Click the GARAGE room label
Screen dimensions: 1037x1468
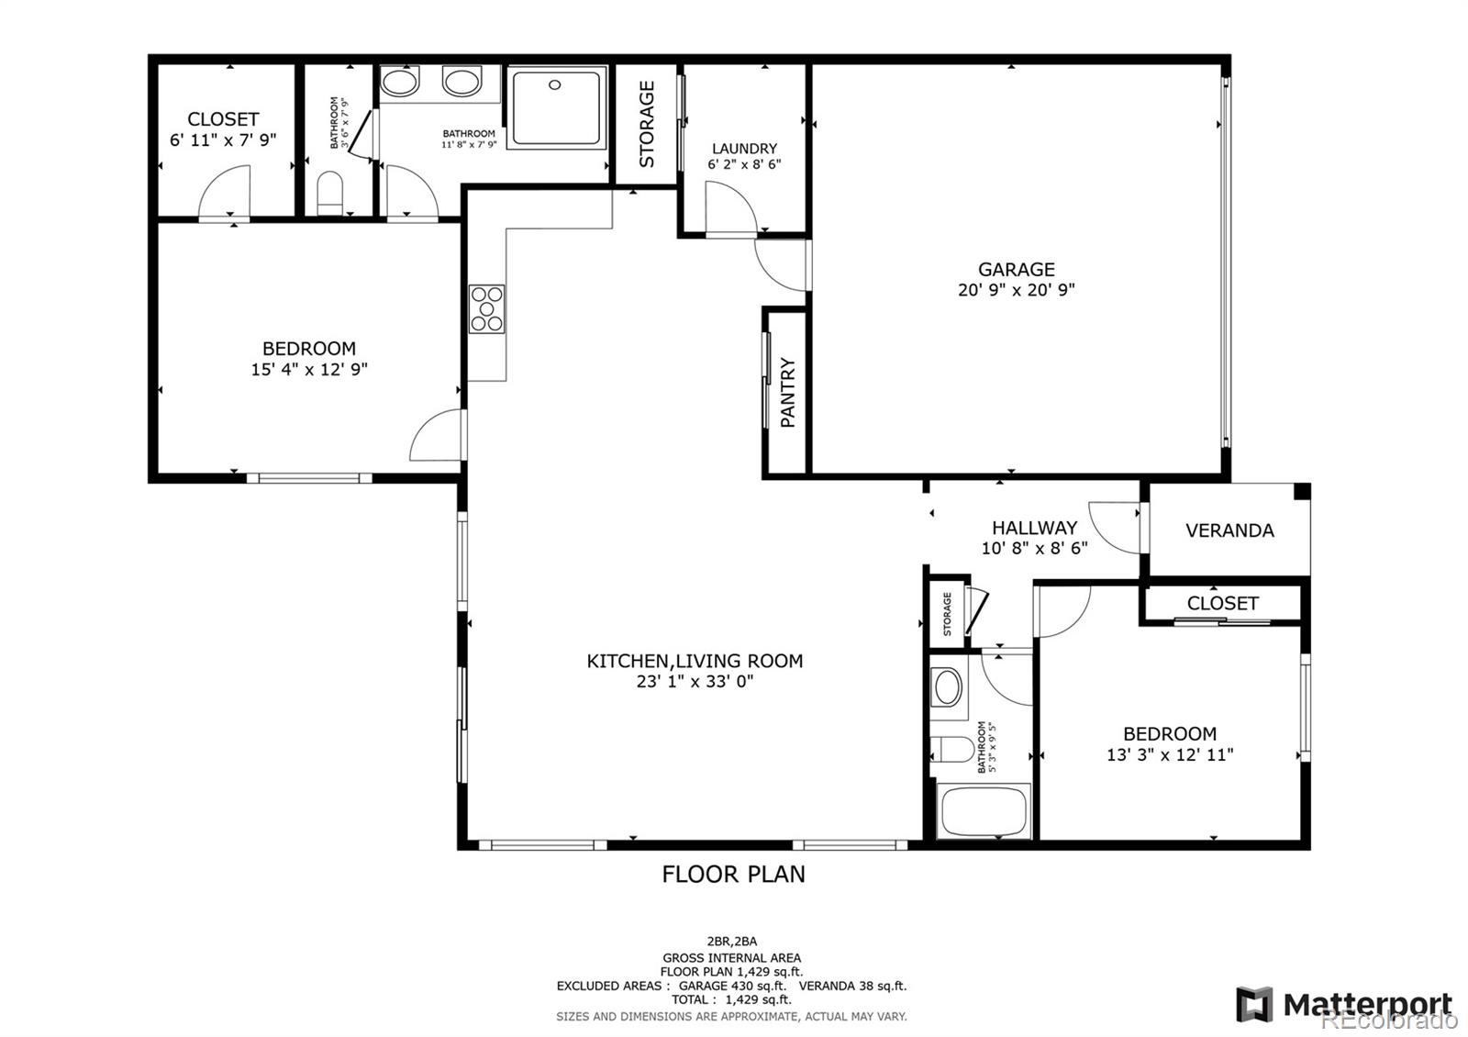point(1016,270)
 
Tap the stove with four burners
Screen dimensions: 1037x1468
point(486,309)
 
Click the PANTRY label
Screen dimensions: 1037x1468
point(787,393)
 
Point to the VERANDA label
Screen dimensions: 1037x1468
point(1229,530)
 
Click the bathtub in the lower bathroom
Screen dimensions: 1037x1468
point(984,811)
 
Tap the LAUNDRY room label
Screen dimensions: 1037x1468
point(744,149)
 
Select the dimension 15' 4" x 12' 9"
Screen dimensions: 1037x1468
point(309,370)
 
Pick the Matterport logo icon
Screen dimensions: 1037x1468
point(1254,1004)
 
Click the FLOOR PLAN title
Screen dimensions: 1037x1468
point(733,874)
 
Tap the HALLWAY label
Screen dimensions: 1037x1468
point(1034,529)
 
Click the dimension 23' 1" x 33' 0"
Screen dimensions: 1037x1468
point(695,682)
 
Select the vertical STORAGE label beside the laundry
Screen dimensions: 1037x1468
point(647,125)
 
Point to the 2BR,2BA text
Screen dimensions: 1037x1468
point(731,941)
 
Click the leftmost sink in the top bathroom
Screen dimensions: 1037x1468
point(400,83)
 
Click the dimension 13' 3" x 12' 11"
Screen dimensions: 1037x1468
point(1170,755)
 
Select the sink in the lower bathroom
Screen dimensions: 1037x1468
point(947,686)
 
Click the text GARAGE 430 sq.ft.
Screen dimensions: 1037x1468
point(732,986)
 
